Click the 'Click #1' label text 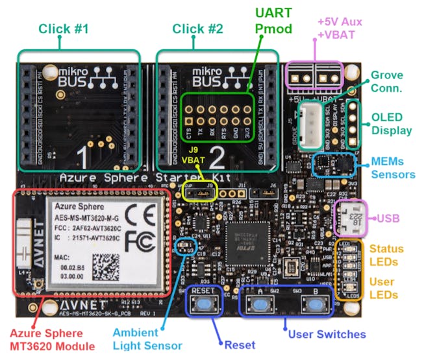64,29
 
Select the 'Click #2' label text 198,29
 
